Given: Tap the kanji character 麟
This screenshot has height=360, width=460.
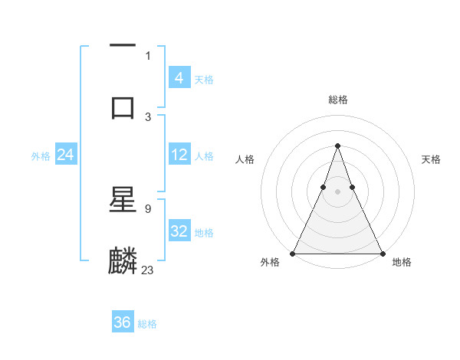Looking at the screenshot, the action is (123, 260).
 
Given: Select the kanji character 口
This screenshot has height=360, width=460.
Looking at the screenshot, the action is (123, 105).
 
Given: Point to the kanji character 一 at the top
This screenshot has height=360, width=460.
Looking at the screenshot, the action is (123, 47).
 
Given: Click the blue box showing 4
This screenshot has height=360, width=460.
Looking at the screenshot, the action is (179, 77).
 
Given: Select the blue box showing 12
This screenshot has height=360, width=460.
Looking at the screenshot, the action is (179, 155).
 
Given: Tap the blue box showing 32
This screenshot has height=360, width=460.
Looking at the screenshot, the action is (179, 231).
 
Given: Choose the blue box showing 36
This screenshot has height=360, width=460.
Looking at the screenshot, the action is (123, 322).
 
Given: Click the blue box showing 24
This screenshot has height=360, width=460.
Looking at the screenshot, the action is (66, 155).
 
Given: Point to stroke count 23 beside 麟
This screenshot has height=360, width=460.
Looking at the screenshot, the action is (148, 270).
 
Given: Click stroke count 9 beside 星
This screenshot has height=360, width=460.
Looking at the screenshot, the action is (148, 208).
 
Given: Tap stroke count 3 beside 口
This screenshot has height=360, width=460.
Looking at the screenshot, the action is (148, 116).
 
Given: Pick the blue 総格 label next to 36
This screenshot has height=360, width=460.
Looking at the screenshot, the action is (147, 324).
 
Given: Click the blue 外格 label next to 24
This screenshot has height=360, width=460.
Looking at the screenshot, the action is (41, 156).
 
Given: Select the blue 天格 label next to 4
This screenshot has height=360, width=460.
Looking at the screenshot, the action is (204, 79).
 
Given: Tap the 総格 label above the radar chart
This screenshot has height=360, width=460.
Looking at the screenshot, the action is (337, 100).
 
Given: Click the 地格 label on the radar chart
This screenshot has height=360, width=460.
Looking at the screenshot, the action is (402, 263).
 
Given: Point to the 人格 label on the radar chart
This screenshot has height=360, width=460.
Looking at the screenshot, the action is (245, 159).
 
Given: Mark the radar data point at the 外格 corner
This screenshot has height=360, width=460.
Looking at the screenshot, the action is (293, 254).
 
